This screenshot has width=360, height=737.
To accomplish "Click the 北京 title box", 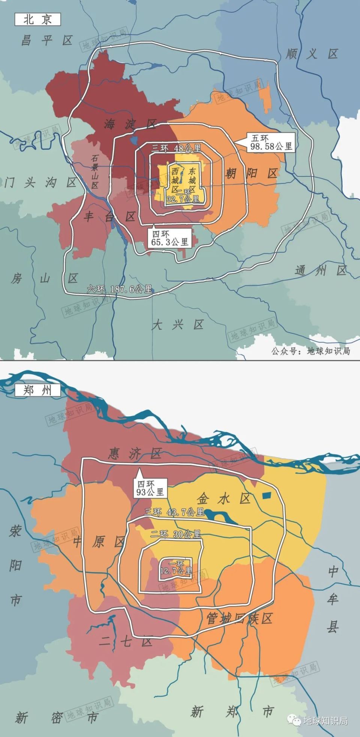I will coord(37,20).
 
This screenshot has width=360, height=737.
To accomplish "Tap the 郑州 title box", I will coord(37,390).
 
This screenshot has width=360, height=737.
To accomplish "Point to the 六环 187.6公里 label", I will coord(120,289).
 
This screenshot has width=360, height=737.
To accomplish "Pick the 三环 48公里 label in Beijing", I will coord(176,148).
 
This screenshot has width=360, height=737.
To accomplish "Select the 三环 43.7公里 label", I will coord(174,512).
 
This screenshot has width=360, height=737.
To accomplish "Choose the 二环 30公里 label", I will coord(176,534).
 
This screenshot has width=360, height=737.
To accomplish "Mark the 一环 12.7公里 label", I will coord(176,567).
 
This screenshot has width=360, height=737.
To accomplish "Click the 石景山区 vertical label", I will coord(94,172).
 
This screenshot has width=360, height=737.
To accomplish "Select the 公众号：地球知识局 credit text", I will coord(310,351).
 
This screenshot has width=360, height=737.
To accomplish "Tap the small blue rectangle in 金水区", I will coord(266,495).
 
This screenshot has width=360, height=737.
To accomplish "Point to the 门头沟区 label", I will coord(40,183).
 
